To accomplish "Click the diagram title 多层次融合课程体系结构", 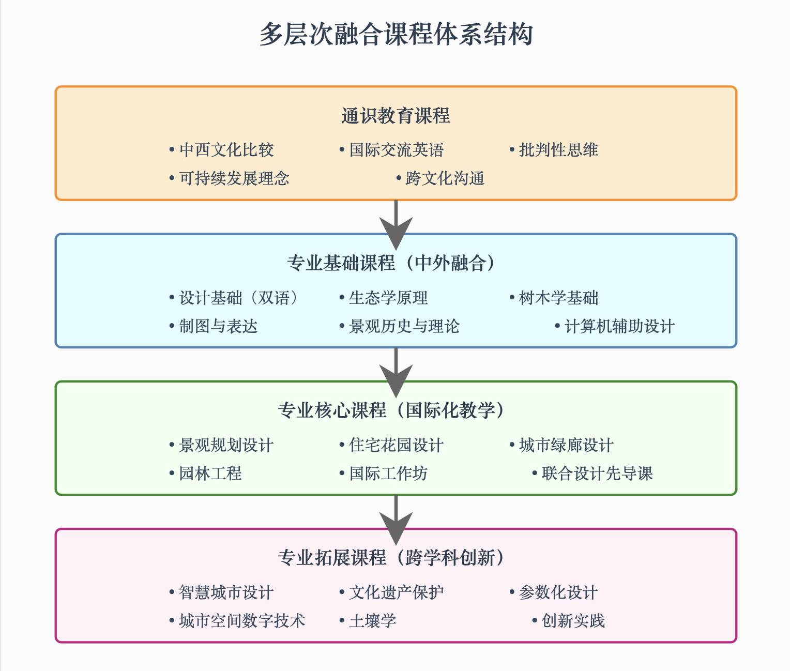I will coord(396,34).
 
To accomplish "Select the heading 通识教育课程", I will coord(396,116).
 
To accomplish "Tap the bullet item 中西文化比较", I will coord(226,150).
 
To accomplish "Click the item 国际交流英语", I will coord(396,150).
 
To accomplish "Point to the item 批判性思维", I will coord(558,150).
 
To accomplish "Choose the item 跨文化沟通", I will coord(445,178).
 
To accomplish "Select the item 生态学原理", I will coord(388,298).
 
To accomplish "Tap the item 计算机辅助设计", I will coord(619,326).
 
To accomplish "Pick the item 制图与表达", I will coord(218,326).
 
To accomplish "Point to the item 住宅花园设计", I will coord(396,445).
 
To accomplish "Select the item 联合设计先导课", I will coord(597,474).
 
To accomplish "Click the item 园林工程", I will coord(210,474).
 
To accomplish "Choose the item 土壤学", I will coord(372,621).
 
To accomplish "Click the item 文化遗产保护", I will coord(396,592).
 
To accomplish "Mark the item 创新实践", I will coord(573,621).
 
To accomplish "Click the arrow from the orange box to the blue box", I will coord(396,220).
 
